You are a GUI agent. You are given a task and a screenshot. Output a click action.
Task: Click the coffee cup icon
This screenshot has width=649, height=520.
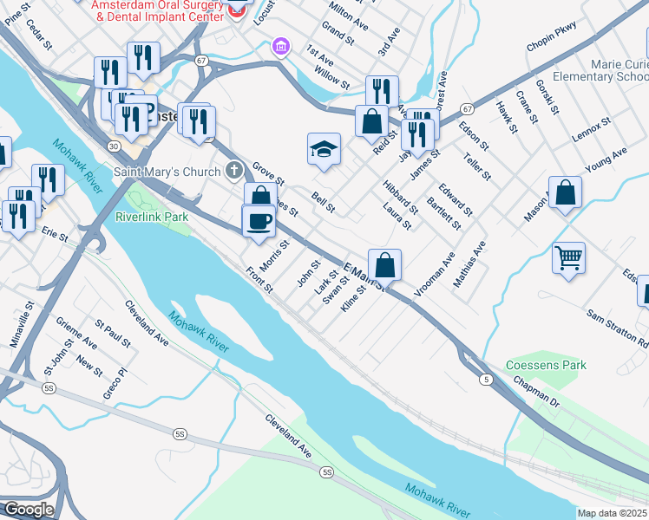click(x=258, y=222)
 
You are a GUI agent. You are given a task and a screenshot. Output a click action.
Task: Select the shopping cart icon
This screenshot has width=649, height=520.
click(x=568, y=257)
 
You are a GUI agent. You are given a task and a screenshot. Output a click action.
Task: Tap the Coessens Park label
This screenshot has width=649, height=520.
click(x=547, y=365)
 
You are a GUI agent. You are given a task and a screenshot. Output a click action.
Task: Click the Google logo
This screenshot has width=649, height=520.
click(x=28, y=509)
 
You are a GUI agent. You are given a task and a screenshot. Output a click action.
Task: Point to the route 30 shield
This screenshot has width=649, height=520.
click(x=114, y=146)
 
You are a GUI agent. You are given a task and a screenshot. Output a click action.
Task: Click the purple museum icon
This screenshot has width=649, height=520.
click(x=279, y=45)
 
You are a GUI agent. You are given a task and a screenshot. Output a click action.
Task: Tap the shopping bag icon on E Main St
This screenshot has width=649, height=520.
click(x=384, y=264)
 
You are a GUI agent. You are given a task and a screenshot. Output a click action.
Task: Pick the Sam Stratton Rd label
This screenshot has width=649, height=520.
click(x=616, y=327)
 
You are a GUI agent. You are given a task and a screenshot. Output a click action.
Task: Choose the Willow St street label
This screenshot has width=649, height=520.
click(x=331, y=80)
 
